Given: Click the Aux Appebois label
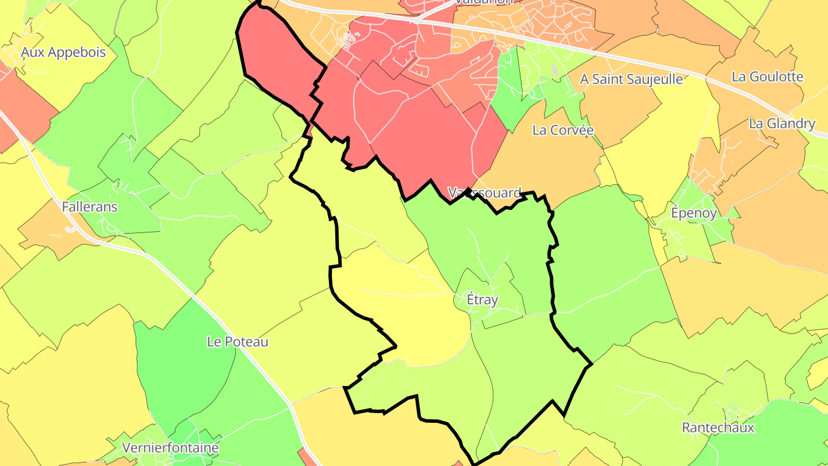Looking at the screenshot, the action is [x=63, y=52].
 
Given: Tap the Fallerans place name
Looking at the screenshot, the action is [x=89, y=207].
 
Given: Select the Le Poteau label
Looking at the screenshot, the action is [x=237, y=342].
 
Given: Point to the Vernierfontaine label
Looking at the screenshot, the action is [x=170, y=448].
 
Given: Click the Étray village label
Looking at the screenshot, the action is [x=482, y=300].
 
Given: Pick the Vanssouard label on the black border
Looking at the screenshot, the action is [x=484, y=192].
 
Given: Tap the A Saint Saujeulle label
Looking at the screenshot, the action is [x=631, y=79].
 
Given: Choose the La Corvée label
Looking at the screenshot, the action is [x=562, y=130].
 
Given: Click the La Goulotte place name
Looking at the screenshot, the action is [x=767, y=77].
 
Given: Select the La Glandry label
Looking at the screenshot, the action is [x=781, y=124].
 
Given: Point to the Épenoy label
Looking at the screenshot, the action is [x=693, y=213].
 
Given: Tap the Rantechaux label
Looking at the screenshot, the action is [x=717, y=427].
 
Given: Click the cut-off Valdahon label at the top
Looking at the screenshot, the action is [x=483, y=2].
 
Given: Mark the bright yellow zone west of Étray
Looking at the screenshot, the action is [x=402, y=305].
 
